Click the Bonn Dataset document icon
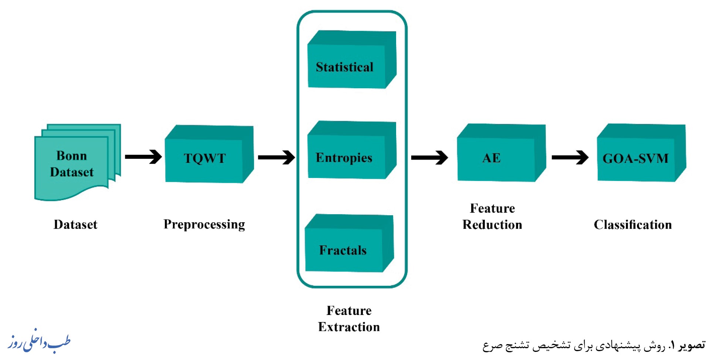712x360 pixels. point(78,162)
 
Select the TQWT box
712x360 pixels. point(209,154)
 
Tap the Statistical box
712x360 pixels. point(352,59)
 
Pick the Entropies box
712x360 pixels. point(352,150)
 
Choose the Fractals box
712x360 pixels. point(349,243)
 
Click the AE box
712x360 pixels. point(501,152)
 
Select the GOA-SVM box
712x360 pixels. point(641,152)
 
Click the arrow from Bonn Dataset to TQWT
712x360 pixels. point(143,157)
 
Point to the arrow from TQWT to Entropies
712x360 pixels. point(276,157)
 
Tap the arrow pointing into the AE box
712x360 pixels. point(430,158)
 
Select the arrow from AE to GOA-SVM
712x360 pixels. point(570,157)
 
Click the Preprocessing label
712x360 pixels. point(204,224)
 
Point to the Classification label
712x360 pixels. point(633,224)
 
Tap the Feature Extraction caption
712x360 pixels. point(349,319)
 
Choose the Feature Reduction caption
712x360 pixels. point(492,216)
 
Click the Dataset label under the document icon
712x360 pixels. point(75,224)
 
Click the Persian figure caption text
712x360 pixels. point(594,346)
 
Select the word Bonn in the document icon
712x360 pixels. point(72,155)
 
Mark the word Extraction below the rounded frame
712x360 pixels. point(349,327)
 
